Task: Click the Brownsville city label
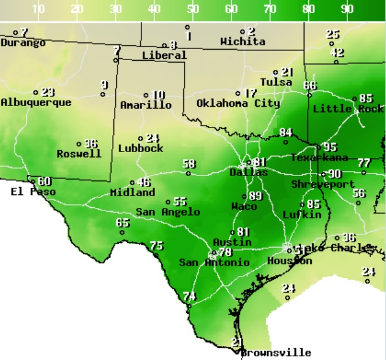(276, 353)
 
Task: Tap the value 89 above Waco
(255, 196)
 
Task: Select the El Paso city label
(33, 192)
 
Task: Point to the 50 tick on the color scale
(193, 9)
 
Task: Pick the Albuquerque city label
(36, 102)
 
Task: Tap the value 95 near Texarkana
(330, 147)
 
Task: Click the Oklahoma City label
(238, 104)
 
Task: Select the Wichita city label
(243, 42)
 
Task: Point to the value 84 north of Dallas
(286, 132)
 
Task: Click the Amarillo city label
(146, 105)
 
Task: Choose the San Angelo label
(168, 212)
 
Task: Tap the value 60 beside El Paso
(44, 182)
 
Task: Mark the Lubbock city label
(141, 148)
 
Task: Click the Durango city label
(23, 43)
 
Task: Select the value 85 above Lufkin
(314, 204)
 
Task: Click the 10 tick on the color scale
(39, 9)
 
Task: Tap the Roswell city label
(79, 154)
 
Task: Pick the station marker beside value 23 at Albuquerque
(36, 93)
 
